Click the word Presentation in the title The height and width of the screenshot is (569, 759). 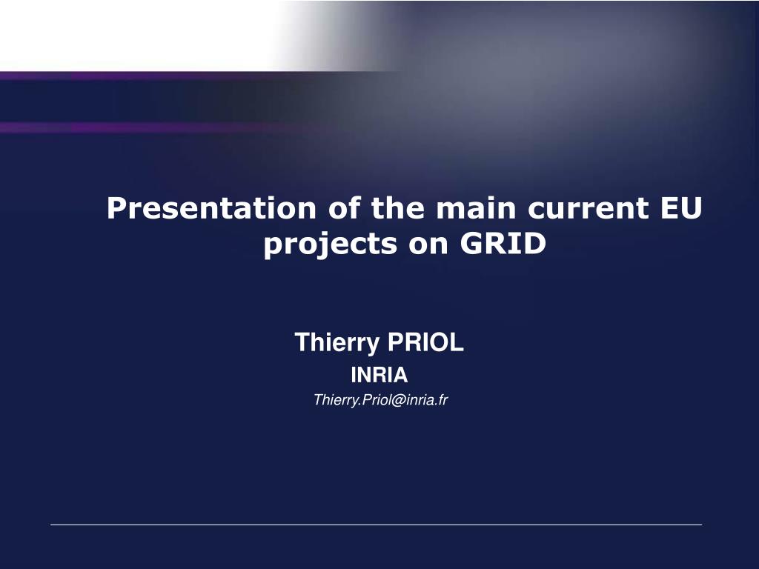tap(211, 208)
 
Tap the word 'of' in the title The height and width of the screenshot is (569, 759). tap(344, 207)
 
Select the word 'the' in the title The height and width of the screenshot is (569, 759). tap(398, 207)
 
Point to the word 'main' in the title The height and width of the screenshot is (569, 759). tap(476, 208)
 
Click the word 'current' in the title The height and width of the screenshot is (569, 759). tap(588, 208)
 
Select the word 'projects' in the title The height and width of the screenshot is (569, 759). tap(330, 244)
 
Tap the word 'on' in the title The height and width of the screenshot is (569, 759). tap(428, 244)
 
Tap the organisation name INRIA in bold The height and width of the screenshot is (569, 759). tap(379, 375)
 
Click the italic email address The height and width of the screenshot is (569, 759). tap(380, 400)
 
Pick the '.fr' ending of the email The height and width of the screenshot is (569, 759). tap(441, 400)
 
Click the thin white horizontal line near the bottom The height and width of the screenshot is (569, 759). tap(376, 525)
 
